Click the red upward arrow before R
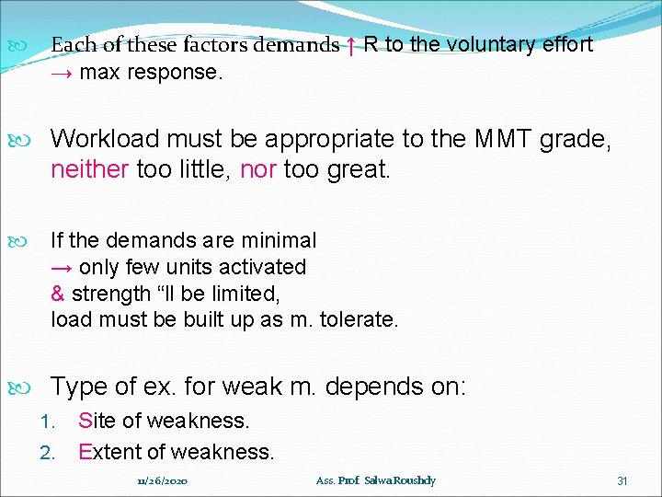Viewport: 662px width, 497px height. pos(351,45)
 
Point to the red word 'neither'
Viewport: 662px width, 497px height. pos(89,168)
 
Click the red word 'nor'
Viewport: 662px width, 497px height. pos(257,168)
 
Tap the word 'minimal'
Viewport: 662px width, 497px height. pos(279,240)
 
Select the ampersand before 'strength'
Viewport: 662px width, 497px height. pos(57,294)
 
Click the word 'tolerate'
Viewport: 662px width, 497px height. pos(359,320)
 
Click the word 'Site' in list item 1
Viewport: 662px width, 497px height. pos(97,421)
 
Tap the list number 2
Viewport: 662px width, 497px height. pos(49,453)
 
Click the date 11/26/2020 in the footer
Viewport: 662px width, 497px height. pos(162,480)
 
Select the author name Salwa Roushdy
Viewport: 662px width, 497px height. pos(402,480)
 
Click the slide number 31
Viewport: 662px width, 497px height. pos(622,480)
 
